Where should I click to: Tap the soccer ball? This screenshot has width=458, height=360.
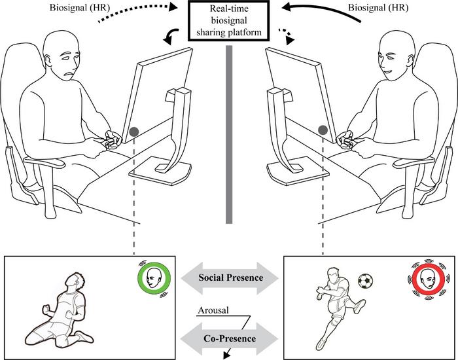[366, 281]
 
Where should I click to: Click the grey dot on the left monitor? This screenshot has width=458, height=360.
[133, 132]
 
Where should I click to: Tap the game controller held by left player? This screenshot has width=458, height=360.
[112, 140]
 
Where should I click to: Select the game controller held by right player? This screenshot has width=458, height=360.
[345, 139]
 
